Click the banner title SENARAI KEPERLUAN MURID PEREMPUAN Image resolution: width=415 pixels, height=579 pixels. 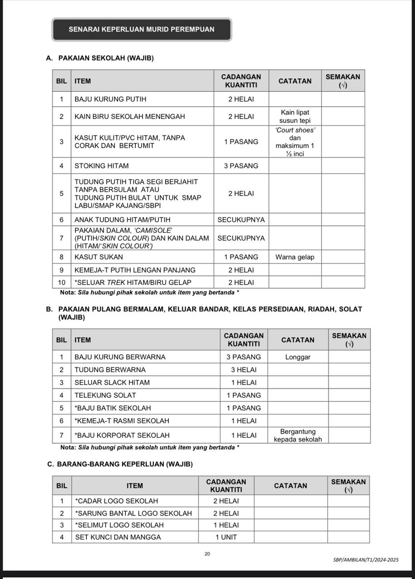tap(141, 29)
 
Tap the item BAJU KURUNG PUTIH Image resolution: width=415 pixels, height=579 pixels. tap(110, 99)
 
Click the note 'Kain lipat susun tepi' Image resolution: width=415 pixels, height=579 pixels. tap(295, 116)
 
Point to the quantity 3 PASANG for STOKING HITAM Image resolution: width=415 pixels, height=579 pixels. tap(241, 166)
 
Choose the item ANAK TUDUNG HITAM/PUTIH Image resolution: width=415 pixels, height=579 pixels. tap(122, 220)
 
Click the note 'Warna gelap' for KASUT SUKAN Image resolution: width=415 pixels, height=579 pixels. tap(295, 257)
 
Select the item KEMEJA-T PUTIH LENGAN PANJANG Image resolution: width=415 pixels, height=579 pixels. tap(135, 270)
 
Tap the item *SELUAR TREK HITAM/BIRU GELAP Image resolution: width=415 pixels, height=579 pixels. tap(133, 282)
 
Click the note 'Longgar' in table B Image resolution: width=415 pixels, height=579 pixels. tap(298, 357)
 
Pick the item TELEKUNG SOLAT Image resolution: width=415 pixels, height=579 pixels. tap(105, 395)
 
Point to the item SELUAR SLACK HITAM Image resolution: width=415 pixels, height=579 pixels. tap(112, 382)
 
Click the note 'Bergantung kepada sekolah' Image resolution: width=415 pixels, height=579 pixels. tap(298, 435)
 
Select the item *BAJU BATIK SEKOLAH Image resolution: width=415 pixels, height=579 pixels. tap(113, 408)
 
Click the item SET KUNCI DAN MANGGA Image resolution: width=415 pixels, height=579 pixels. tap(118, 537)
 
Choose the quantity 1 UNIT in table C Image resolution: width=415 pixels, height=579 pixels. tap(226, 537)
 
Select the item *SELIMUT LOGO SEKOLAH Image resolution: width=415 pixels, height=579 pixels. tap(119, 525)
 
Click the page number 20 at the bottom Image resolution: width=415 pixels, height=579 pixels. tap(207, 554)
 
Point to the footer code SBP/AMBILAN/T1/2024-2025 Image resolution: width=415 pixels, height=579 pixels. tap(366, 560)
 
